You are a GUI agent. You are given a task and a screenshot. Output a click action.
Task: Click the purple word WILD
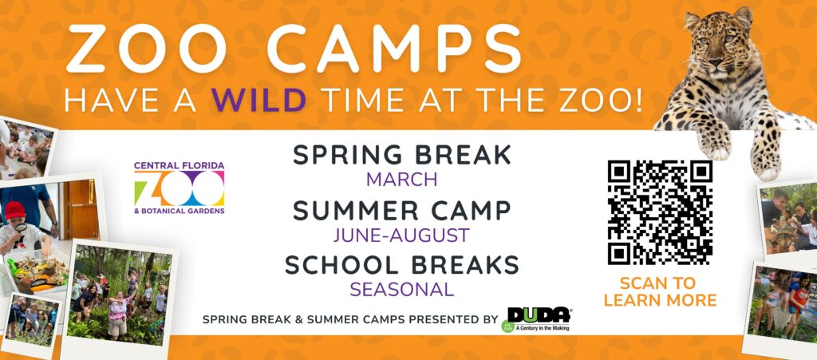coord(259,100)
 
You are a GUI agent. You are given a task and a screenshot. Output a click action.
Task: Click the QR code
coord(660,212)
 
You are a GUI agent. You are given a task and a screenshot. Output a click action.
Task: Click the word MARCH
coord(402,180)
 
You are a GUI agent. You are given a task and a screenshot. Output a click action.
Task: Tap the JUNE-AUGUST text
coord(402,235)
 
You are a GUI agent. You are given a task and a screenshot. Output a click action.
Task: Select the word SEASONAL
coord(402,290)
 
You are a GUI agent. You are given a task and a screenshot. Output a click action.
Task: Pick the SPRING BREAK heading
coord(402,155)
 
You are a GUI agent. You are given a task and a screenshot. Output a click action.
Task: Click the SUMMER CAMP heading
coord(402,211)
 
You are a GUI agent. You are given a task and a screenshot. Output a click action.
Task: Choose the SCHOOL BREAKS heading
coord(402,266)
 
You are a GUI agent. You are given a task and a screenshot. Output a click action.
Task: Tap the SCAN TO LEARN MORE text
coord(660,291)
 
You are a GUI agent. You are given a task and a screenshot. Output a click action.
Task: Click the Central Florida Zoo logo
coord(180,188)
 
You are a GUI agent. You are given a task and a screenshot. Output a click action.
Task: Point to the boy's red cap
coord(15,209)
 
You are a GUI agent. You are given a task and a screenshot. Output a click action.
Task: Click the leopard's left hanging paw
coord(714,142)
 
